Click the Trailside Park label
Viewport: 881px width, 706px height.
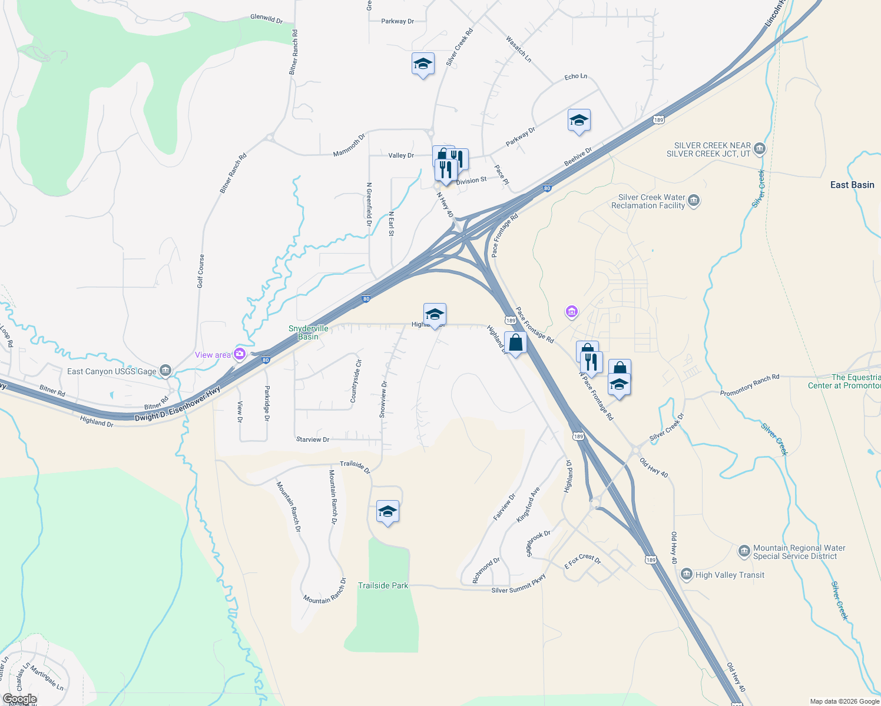click(x=383, y=585)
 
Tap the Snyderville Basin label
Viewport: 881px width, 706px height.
click(x=308, y=332)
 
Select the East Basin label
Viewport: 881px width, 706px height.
click(x=852, y=185)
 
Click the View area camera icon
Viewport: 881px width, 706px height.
click(x=240, y=354)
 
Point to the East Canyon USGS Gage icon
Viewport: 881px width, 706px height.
click(x=165, y=371)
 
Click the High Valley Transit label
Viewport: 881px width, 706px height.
click(x=730, y=575)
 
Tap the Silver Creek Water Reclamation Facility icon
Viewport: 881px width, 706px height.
click(x=694, y=201)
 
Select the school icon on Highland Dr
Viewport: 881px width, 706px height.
click(x=435, y=314)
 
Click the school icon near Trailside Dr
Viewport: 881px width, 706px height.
click(x=387, y=511)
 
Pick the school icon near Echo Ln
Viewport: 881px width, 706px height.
click(x=579, y=121)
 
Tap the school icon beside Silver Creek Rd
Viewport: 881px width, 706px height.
click(x=423, y=64)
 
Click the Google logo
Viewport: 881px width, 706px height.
click(x=19, y=699)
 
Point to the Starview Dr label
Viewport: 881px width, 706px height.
click(x=313, y=439)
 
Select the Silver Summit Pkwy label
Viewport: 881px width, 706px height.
click(x=519, y=584)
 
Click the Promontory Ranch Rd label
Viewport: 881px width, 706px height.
click(x=749, y=385)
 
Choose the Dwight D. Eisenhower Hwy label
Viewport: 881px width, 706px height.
click(x=177, y=404)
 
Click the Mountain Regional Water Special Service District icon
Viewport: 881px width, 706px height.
click(x=744, y=551)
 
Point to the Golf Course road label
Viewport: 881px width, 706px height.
click(x=201, y=271)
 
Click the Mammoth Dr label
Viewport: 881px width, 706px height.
click(x=349, y=145)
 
